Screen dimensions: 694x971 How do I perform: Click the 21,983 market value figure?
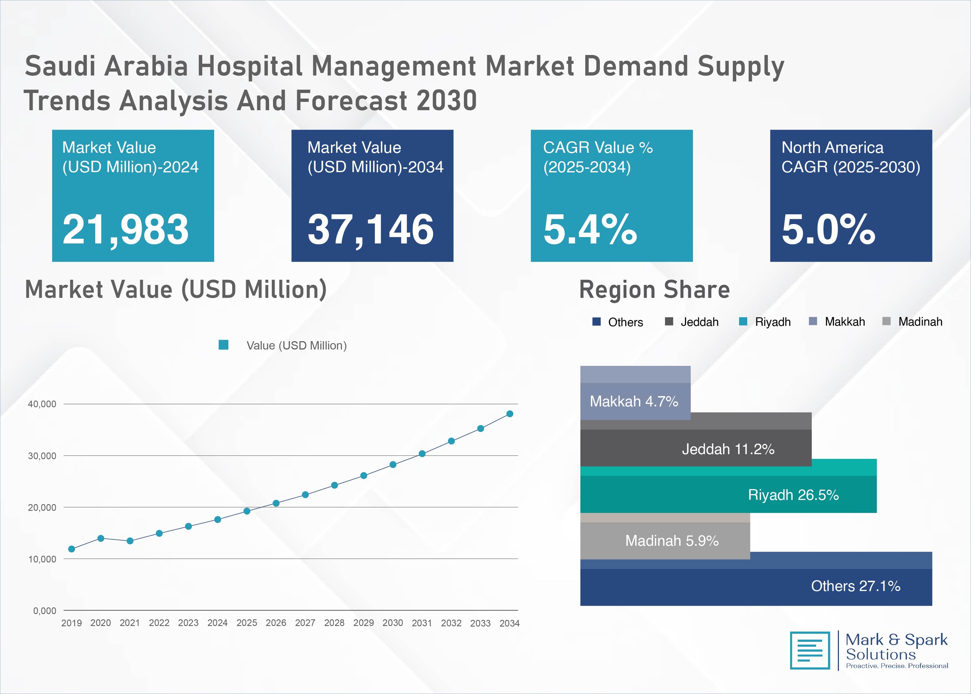click(x=125, y=230)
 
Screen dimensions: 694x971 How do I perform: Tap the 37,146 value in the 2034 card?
click(x=370, y=230)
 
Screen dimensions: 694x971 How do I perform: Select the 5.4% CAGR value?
click(x=590, y=230)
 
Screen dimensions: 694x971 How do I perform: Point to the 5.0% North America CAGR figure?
click(x=828, y=230)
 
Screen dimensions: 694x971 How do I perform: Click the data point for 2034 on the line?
click(x=509, y=414)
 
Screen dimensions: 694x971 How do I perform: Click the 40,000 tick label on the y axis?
click(x=42, y=404)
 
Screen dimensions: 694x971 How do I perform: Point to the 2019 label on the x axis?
click(x=71, y=623)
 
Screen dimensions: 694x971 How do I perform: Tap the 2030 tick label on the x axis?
click(x=392, y=623)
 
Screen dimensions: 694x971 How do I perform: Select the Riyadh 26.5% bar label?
click(x=793, y=495)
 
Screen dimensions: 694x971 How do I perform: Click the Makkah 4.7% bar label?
click(x=634, y=401)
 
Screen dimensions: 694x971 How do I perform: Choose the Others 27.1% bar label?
click(x=855, y=586)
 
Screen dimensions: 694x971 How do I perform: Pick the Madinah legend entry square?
click(x=886, y=321)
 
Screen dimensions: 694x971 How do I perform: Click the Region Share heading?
click(x=654, y=290)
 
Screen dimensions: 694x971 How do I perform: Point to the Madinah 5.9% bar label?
click(x=672, y=540)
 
